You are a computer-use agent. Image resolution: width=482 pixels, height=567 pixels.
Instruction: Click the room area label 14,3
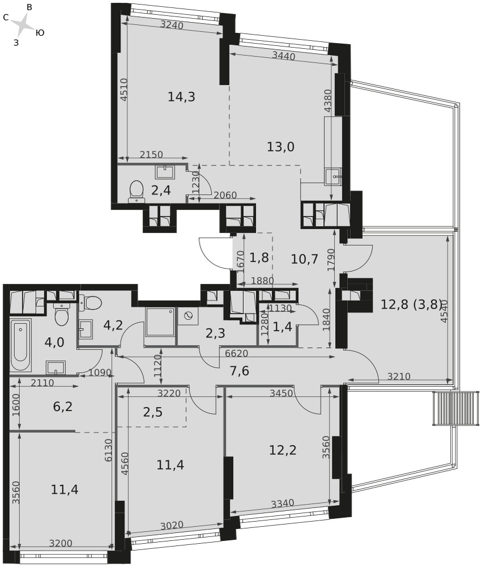coord(181,96)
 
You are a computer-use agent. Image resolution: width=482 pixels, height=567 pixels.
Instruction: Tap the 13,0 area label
coord(281,146)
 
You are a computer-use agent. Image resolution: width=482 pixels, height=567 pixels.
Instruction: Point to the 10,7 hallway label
coord(305,259)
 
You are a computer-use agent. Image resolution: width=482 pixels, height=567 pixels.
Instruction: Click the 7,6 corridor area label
coord(239,371)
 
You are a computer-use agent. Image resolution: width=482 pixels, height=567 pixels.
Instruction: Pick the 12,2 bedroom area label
coord(283,450)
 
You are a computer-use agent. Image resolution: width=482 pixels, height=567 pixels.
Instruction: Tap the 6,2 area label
coord(62,407)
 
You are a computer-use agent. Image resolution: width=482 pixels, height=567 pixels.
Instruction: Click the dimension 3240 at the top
coord(172,25)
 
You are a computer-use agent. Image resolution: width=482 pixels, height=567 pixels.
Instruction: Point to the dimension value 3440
coord(283,56)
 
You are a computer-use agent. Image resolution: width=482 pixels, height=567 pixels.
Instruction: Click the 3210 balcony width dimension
coord(399,376)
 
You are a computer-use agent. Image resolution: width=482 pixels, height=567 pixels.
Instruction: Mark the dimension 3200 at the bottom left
coord(61,543)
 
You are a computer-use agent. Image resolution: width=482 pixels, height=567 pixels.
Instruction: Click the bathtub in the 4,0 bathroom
coord(20,345)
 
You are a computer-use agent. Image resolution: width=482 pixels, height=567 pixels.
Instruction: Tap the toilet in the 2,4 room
coord(136,191)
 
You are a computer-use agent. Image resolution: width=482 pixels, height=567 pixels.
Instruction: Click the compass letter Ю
coord(40,33)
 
